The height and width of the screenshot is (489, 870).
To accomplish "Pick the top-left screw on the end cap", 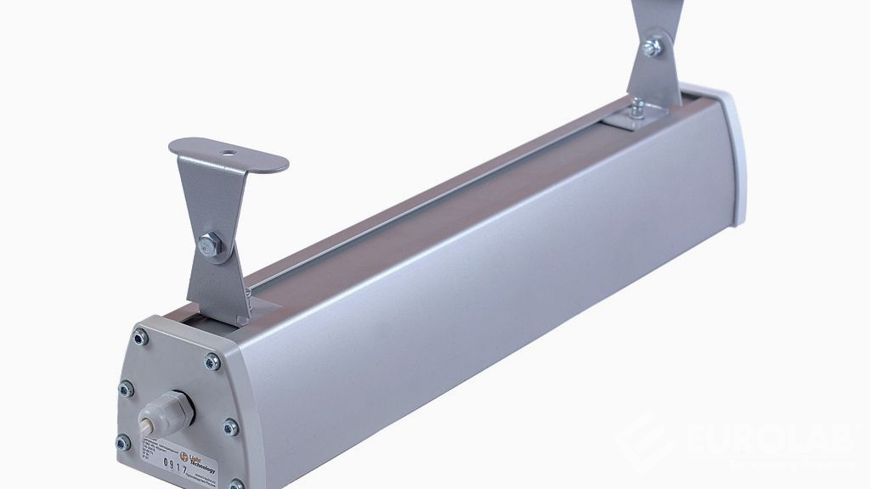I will coord(140,338).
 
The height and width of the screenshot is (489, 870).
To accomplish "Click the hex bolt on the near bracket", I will coord(206,246).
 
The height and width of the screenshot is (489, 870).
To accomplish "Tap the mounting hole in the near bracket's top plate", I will coord(228,156).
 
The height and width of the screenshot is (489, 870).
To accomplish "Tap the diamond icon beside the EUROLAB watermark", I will coord(641,447).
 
